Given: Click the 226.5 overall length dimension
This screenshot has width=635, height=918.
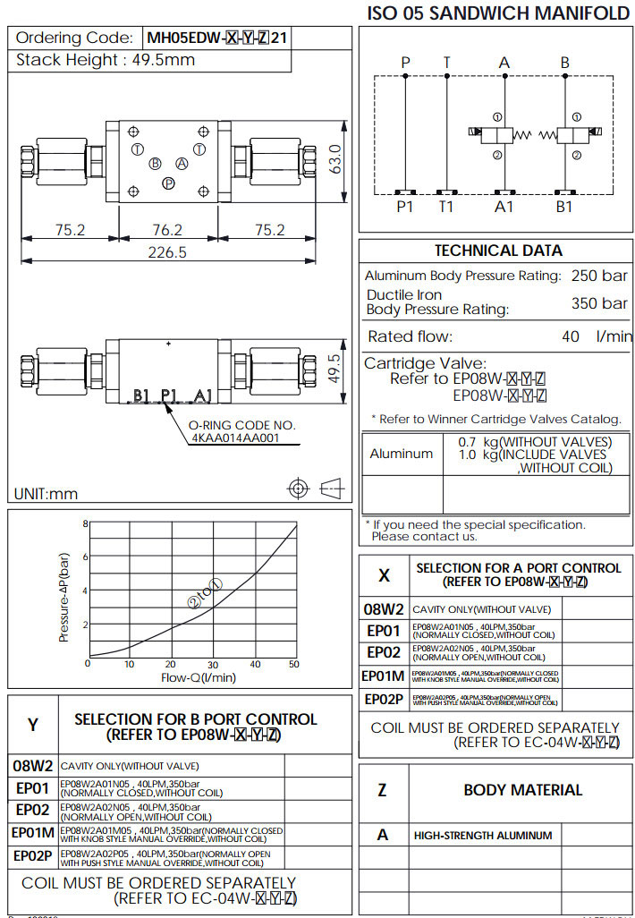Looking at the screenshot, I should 167,252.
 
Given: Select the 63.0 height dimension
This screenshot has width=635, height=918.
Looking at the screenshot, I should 336,160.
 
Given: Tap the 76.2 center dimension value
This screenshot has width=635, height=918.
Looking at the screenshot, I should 167,230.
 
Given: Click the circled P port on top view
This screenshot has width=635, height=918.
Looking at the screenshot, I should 168,183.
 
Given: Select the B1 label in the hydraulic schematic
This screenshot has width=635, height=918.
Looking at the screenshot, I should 564,207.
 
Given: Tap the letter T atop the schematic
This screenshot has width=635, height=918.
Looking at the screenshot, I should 447,63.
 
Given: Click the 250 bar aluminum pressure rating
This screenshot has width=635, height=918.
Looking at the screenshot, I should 599,276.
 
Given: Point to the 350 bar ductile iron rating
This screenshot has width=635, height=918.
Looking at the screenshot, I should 599,303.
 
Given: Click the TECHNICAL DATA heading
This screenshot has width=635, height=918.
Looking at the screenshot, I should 498,251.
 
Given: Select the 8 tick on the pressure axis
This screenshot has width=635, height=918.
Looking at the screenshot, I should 86,523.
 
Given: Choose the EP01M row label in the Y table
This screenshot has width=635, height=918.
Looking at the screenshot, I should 33,833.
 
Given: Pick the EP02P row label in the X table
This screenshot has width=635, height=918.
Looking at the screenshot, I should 385,699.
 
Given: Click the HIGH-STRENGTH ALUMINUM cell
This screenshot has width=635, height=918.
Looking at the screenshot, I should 482,836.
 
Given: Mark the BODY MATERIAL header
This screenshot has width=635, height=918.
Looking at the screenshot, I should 522,790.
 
